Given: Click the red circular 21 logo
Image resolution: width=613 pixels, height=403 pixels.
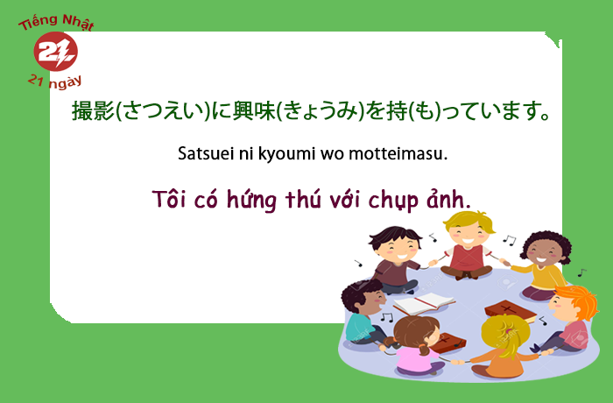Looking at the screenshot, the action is [x=55, y=52].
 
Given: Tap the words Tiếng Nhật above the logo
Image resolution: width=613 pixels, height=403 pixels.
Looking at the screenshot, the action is [x=56, y=22].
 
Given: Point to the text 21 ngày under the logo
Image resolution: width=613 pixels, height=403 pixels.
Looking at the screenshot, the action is [x=54, y=81].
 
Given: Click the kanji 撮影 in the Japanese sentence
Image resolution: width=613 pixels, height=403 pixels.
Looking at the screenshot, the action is [x=93, y=110].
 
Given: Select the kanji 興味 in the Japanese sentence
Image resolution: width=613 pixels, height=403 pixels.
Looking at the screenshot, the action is [x=254, y=110].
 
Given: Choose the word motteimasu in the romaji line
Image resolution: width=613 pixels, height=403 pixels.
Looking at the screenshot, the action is [x=398, y=153].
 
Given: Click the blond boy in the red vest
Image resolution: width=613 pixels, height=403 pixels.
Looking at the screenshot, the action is [x=467, y=245].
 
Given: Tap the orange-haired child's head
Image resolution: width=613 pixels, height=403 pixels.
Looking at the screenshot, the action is [x=574, y=303].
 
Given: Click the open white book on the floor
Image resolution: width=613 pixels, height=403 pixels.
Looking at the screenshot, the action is [x=423, y=303].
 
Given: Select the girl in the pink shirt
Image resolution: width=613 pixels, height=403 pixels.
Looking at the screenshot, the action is [x=419, y=345].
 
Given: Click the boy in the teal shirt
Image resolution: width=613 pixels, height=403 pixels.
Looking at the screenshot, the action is [x=363, y=313].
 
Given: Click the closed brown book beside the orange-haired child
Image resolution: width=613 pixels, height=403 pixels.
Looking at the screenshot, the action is [x=511, y=311].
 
